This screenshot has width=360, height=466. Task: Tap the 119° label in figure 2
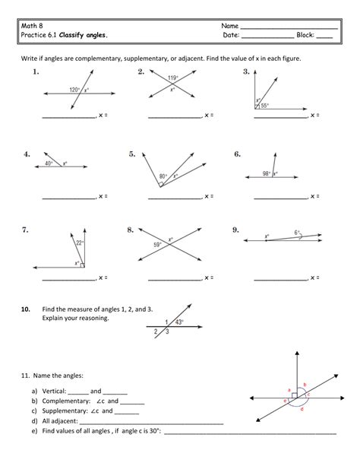[172, 78]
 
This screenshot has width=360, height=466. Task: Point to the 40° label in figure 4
[49, 163]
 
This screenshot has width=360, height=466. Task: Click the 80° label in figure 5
[163, 176]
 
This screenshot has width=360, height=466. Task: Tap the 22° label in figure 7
[79, 243]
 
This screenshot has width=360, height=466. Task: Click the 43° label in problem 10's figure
[181, 322]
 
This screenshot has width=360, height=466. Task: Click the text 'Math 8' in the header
[32, 26]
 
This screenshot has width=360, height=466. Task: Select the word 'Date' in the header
[231, 36]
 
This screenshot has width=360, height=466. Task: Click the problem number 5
[132, 154]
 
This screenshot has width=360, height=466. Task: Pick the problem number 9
[236, 229]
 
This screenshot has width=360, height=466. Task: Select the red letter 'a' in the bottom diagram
[289, 389]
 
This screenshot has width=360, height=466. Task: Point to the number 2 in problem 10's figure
[156, 331]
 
